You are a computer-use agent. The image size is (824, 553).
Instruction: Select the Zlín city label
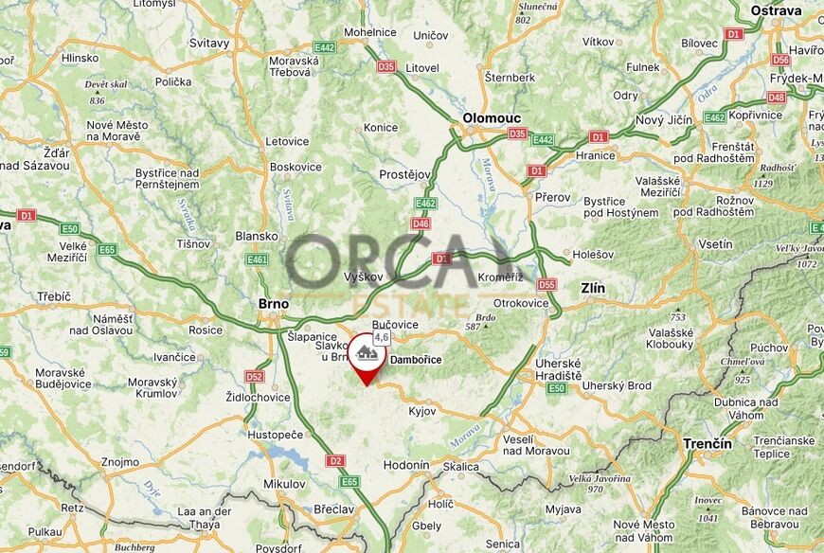(592, 288)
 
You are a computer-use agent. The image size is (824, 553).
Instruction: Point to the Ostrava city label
(776, 10)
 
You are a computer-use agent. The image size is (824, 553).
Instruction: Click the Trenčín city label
(708, 443)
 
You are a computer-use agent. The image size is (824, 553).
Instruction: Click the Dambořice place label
(416, 360)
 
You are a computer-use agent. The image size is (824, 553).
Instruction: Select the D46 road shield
(421, 223)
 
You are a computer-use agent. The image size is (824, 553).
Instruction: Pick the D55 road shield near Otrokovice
(546, 284)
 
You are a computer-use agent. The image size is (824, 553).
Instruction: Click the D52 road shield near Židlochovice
(254, 377)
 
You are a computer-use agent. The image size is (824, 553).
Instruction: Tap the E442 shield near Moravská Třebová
(325, 46)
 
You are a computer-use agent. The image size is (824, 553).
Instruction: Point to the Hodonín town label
(406, 466)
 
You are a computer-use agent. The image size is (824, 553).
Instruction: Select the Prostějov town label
(404, 175)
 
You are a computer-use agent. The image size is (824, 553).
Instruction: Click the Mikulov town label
(284, 484)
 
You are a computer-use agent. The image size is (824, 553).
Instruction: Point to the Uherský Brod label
(617, 386)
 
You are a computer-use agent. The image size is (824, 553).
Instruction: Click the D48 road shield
(777, 97)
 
